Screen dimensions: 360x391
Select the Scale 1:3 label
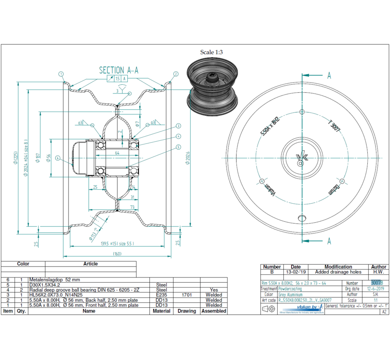click(212, 52)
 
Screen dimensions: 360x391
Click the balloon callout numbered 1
click(61, 74)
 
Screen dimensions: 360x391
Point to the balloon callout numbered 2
click(176, 74)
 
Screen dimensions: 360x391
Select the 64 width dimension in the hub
click(117, 153)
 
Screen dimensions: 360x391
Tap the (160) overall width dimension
click(117, 253)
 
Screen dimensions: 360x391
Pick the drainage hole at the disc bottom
click(301, 218)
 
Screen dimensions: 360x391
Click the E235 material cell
click(161, 295)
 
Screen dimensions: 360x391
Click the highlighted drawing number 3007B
click(377, 283)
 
